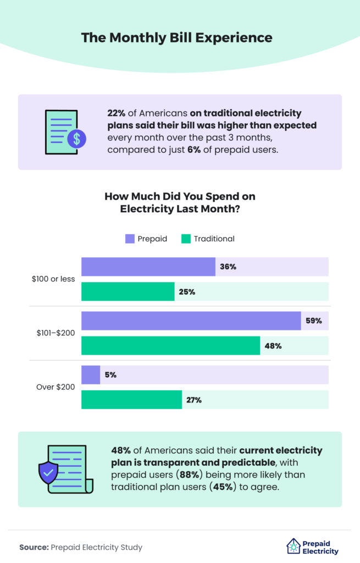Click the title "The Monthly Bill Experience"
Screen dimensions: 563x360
point(176,38)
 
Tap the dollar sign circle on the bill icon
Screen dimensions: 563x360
point(76,139)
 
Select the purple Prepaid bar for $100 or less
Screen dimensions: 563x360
point(148,267)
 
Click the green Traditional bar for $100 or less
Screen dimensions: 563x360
point(128,291)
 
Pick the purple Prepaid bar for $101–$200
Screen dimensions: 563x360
point(191,321)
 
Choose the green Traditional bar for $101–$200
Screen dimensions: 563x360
point(170,346)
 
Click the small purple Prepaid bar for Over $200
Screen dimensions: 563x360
point(91,375)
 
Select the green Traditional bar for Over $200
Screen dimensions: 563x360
point(131,400)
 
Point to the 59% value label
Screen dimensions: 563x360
point(314,321)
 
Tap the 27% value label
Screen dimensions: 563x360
point(193,400)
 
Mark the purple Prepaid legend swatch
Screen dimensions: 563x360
point(130,239)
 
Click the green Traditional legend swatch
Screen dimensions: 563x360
point(185,239)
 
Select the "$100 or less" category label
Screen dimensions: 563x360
point(54,279)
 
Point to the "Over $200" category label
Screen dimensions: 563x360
point(56,387)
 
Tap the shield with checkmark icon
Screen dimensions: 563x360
point(48,472)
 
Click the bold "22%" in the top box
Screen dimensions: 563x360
point(117,113)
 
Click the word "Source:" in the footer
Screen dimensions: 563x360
point(34,547)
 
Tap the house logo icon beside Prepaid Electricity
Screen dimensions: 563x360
point(293,546)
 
